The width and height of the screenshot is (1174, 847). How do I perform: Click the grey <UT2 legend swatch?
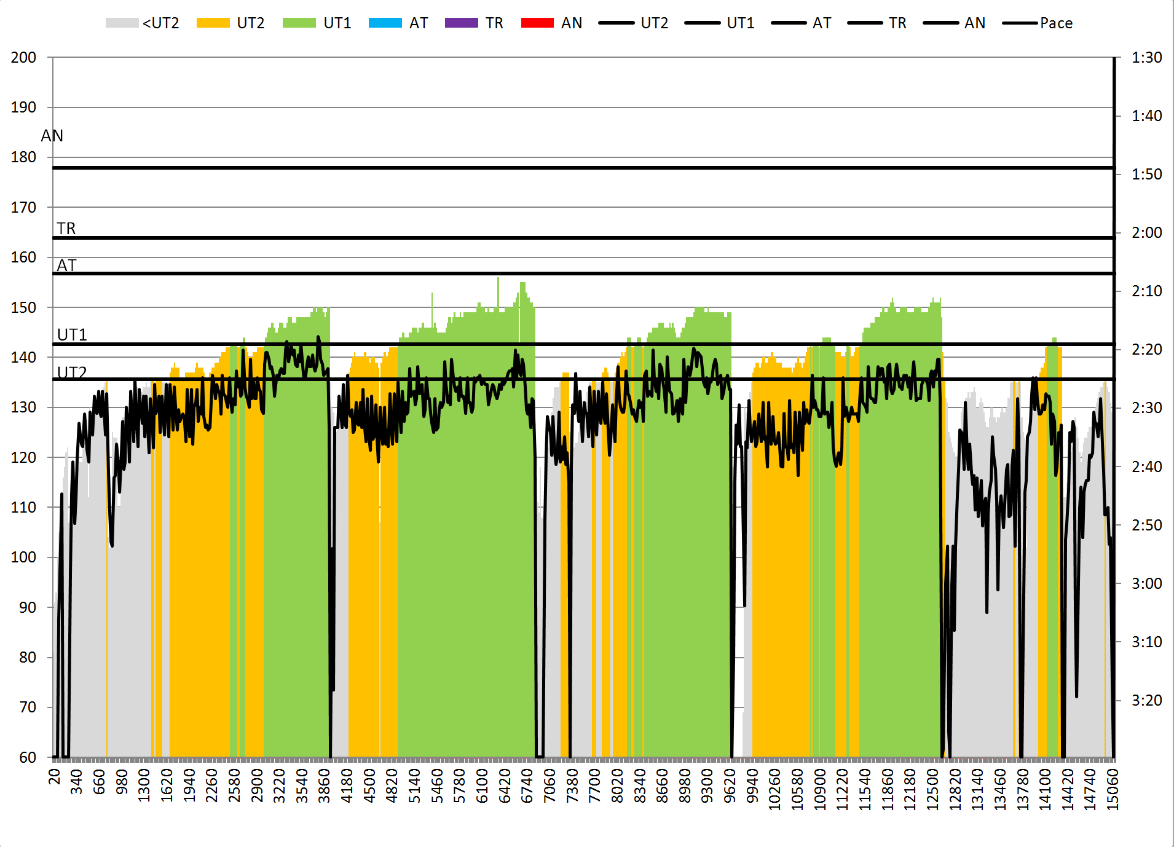point(122,23)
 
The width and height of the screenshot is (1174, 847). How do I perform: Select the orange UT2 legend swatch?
point(213,23)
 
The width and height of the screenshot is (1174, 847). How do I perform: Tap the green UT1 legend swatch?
point(299,23)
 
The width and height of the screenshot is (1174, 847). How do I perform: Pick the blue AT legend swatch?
point(385,23)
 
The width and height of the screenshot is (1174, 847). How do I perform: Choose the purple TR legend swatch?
point(461,23)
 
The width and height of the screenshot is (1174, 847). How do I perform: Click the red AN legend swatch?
point(537,23)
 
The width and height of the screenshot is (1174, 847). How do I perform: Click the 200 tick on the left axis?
point(23,58)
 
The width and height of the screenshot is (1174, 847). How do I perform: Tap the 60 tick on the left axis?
point(28,757)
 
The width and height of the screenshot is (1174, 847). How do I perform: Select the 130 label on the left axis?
point(23,408)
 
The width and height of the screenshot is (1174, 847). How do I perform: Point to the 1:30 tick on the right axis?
point(1146,58)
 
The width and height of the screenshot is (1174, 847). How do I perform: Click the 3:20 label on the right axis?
point(1146,700)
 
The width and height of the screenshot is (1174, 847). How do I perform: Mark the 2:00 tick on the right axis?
point(1146,232)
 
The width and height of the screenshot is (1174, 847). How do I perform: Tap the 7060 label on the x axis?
point(550,786)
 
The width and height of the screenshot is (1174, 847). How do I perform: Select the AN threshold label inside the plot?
point(52,136)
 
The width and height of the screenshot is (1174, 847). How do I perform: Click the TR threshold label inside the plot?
point(66,229)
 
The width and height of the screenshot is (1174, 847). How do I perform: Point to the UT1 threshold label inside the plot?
point(72,335)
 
